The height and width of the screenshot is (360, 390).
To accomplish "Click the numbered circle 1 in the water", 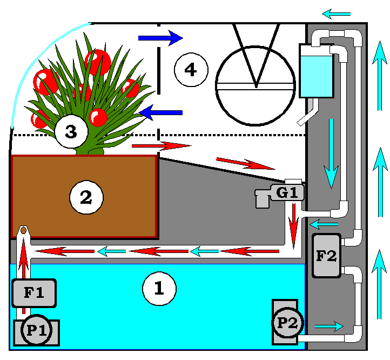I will (159, 289).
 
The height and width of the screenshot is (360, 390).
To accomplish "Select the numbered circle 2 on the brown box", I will (86, 198).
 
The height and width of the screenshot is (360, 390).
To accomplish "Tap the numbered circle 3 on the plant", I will (71, 131).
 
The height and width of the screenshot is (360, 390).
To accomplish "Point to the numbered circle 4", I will (191, 69).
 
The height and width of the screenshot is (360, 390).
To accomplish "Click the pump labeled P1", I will (36, 330).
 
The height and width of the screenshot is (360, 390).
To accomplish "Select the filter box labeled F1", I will (33, 294).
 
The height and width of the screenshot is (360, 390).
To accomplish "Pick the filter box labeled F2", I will (326, 256).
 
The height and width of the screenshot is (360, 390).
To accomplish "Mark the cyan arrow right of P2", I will (328, 326).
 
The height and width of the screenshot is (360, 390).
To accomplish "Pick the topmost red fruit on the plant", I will (98, 62).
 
